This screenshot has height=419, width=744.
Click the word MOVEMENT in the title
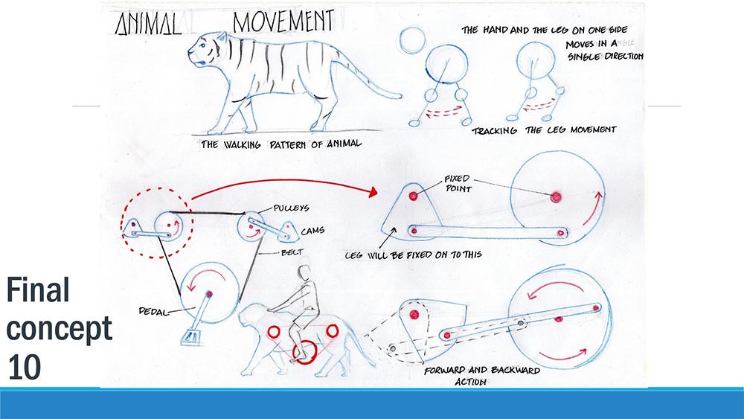pyautogui.click(x=283, y=22)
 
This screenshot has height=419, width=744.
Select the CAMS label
pyautogui.click(x=289, y=231)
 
